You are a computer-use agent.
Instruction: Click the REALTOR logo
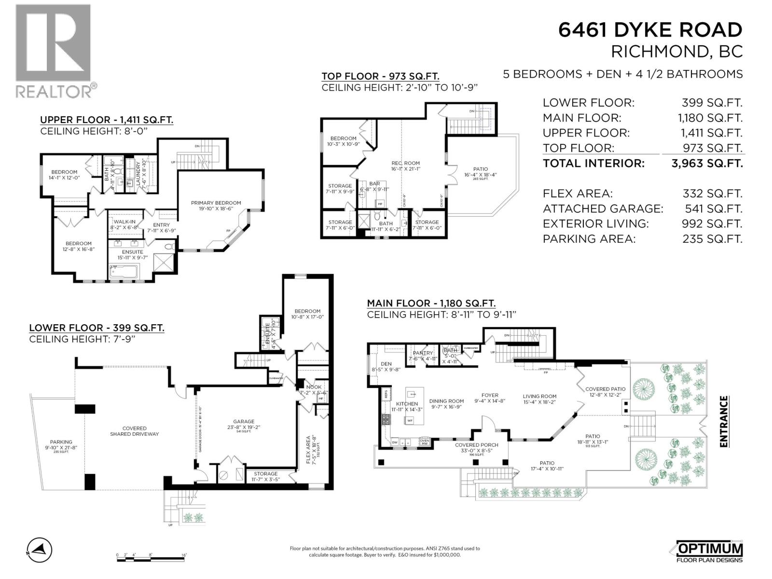[54, 51]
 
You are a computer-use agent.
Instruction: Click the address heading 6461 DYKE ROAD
[650, 30]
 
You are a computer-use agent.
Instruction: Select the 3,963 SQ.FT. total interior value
[707, 163]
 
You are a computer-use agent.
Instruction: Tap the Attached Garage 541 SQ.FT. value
[712, 208]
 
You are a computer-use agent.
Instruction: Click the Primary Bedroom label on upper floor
[216, 203]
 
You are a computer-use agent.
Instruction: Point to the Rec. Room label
[405, 163]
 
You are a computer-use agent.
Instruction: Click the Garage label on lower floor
[244, 421]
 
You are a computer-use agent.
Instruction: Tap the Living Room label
[539, 396]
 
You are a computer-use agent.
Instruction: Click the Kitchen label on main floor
[407, 403]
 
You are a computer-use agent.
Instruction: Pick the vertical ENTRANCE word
[723, 421]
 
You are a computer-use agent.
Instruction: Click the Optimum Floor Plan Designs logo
[707, 551]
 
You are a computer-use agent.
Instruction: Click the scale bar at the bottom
[151, 556]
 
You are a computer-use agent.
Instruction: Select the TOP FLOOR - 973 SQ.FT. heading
[380, 76]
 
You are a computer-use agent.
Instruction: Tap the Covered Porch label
[476, 445]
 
